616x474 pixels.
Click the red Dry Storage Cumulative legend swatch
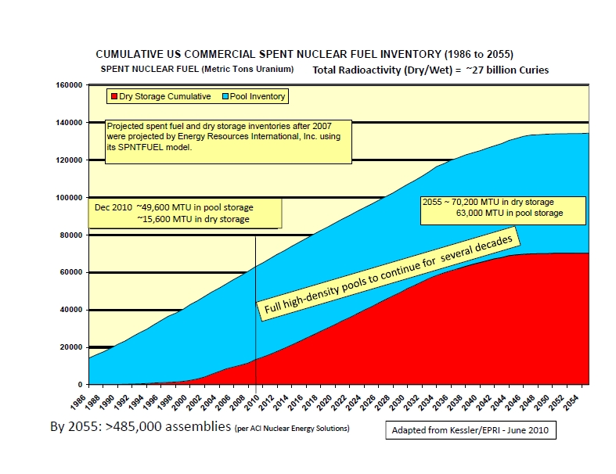[x=113, y=97]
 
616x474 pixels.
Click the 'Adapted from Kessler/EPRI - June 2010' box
[x=470, y=430]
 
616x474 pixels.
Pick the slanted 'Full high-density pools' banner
[x=388, y=274]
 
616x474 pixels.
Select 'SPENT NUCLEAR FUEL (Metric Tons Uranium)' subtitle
[x=197, y=69]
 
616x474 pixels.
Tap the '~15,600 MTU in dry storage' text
[x=193, y=219]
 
